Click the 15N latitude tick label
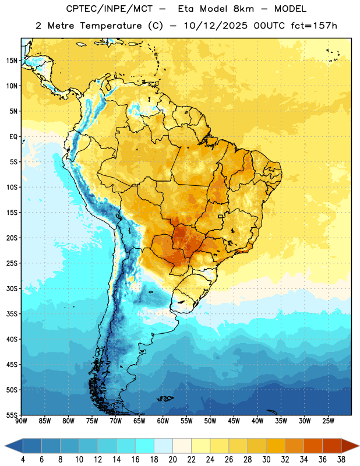click(x=12, y=61)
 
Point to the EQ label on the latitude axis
click(x=13, y=137)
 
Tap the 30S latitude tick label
click(x=12, y=288)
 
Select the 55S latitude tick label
click(x=12, y=415)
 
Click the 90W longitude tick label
click(x=21, y=421)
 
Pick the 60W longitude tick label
click(x=163, y=421)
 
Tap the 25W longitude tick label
click(x=328, y=421)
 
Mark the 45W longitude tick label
click(x=234, y=421)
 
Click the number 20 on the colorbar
click(x=172, y=460)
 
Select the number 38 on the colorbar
click(x=341, y=460)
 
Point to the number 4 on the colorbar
click(x=23, y=460)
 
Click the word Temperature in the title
click(x=111, y=26)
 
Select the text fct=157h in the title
click(x=314, y=26)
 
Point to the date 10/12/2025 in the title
click(x=216, y=26)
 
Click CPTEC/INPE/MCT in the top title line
click(x=110, y=9)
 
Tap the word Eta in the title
click(x=186, y=9)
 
